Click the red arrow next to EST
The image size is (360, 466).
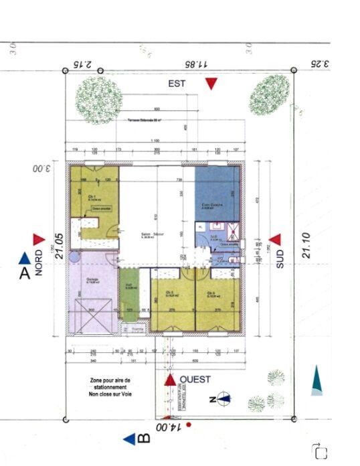click(211, 84)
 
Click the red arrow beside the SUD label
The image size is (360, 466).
click(274, 240)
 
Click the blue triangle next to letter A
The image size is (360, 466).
click(25, 258)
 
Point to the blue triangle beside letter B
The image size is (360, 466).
click(129, 439)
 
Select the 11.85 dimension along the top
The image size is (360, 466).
click(198, 64)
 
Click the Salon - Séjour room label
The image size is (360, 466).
click(153, 235)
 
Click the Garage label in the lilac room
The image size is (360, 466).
click(92, 281)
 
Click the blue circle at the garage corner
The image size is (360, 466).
click(75, 256)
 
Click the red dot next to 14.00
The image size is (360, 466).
click(189, 424)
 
